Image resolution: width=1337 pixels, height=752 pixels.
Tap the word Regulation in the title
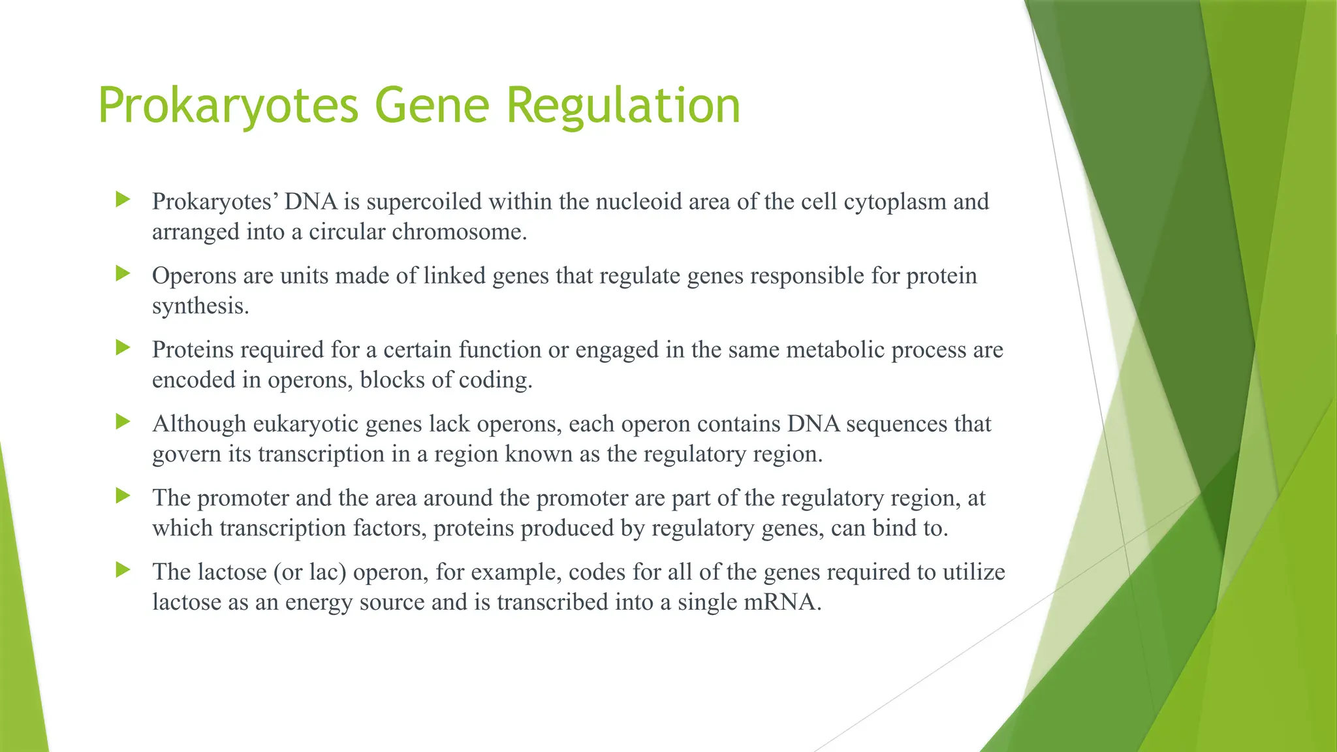(623, 106)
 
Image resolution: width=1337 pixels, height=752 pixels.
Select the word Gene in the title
(432, 106)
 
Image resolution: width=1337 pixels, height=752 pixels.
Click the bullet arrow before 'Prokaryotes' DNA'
(123, 199)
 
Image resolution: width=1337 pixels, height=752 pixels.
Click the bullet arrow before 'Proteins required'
(123, 347)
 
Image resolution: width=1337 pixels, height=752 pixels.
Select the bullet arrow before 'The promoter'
(123, 495)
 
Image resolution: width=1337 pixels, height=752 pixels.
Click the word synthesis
(200, 306)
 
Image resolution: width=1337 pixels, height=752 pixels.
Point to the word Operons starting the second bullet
(194, 276)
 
